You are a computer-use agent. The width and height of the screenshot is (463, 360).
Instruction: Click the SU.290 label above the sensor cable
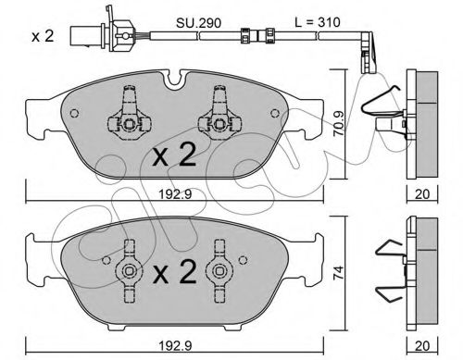pos(198,23)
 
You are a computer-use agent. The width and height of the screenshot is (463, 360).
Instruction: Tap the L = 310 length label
pos(318,22)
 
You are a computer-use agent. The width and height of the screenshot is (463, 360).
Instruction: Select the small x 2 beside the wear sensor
pos(43,36)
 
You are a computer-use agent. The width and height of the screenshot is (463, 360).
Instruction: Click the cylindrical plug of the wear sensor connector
pos(81,36)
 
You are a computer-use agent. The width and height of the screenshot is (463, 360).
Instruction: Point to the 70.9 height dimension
pos(339,123)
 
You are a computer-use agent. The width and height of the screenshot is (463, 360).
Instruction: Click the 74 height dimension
pos(339,273)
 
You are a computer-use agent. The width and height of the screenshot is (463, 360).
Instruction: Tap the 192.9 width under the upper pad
pos(175,194)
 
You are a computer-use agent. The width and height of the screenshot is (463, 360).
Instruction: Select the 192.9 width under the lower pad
pos(175,346)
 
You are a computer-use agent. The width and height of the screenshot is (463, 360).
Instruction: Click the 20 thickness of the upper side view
pos(422,194)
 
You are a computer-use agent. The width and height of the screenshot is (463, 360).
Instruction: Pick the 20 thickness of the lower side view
pos(422,346)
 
